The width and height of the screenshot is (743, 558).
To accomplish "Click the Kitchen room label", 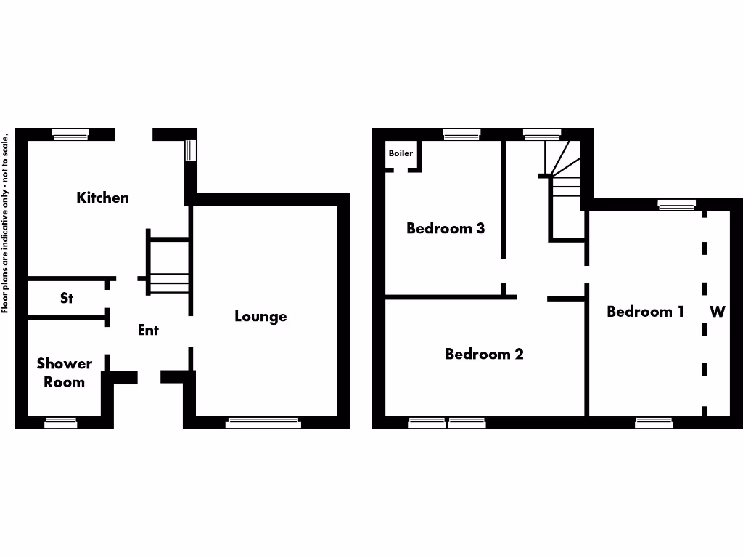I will point(103,198).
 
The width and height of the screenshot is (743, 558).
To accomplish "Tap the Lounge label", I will point(260,317).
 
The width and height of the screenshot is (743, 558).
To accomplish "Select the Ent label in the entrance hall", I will point(148,330).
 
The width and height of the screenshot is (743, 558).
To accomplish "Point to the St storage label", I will point(67,298).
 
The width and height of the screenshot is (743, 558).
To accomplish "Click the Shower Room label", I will point(65,373).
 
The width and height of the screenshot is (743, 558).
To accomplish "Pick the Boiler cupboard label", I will point(401,153).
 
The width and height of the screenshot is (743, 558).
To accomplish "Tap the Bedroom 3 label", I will point(446,228).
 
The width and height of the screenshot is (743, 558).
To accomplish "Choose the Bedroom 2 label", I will point(484,355).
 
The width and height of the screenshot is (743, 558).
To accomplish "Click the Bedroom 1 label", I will point(645,312).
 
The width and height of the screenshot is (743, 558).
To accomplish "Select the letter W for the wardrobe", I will point(717,312).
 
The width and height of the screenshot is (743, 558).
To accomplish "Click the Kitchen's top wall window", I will point(70,134).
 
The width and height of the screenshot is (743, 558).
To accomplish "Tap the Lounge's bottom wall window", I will point(263,422).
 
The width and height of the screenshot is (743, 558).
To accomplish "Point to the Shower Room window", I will point(61,422).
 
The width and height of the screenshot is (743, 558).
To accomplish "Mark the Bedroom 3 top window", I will point(461,134).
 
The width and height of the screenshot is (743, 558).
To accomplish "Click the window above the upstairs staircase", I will point(541,134).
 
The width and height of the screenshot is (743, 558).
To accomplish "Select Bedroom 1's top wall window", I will point(676,204).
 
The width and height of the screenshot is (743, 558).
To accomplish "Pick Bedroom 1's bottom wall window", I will point(654,422).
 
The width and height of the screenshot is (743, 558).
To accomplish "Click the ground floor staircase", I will point(169,262).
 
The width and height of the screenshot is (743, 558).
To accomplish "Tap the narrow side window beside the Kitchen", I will point(190,150).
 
